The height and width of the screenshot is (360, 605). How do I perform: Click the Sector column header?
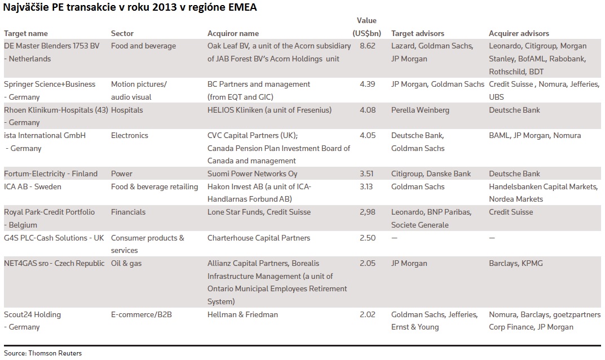click(122, 33)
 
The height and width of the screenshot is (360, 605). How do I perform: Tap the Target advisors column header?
click(417, 33)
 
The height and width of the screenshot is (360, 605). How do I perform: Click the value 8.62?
click(367, 46)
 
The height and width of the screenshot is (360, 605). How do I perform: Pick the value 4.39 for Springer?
click(367, 84)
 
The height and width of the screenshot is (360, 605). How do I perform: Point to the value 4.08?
click(367, 110)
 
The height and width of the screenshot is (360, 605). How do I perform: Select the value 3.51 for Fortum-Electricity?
click(367, 174)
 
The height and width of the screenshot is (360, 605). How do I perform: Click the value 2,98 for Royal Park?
click(367, 212)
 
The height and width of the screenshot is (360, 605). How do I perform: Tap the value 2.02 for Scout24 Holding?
click(367, 314)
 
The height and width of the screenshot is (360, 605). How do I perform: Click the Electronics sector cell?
click(130, 135)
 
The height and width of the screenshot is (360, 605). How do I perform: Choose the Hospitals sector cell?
click(127, 110)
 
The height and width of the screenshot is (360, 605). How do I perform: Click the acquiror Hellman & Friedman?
click(242, 314)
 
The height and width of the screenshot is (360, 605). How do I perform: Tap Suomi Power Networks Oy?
click(252, 174)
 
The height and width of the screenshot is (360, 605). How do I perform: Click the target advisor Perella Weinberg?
click(420, 110)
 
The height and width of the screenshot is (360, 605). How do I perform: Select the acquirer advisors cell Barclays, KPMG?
click(516, 263)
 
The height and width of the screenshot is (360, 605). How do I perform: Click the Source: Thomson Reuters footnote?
click(43, 353)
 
